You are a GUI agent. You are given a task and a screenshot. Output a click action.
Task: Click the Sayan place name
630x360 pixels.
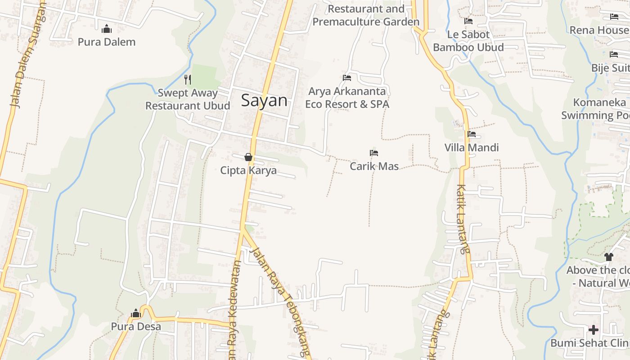[x=264, y=100]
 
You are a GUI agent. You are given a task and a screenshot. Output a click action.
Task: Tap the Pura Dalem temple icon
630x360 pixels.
[x=107, y=29]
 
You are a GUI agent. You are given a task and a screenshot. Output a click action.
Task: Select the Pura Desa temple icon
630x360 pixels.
[x=136, y=314]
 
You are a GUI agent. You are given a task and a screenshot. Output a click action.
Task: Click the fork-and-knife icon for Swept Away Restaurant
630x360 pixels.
[x=188, y=80]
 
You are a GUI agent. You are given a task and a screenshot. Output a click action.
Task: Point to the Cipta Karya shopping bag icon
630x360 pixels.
[x=248, y=157]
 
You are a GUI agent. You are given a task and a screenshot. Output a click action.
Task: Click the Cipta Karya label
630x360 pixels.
[x=248, y=171]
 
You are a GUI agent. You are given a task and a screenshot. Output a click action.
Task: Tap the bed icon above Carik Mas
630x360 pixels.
[x=374, y=153]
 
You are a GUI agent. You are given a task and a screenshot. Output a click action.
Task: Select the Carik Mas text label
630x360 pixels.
[x=374, y=166]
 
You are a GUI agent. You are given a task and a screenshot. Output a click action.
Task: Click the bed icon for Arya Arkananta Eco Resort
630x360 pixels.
[x=347, y=78]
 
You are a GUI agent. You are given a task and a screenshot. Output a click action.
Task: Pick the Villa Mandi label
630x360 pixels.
[x=472, y=148]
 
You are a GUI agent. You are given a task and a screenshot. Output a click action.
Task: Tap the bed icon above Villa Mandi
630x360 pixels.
[x=472, y=134]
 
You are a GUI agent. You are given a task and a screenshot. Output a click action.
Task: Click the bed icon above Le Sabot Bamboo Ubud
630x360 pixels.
[x=468, y=21]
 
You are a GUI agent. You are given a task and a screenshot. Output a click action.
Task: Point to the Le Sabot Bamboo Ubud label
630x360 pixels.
[x=468, y=41]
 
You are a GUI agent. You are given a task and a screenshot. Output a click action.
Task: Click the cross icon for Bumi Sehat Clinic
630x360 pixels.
[x=594, y=330]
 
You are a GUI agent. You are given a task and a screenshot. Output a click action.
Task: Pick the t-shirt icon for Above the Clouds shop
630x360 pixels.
[x=609, y=257]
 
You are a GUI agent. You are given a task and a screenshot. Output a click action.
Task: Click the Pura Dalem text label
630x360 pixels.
[x=107, y=42]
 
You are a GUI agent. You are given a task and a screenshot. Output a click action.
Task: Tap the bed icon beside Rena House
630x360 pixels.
[x=614, y=17]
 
